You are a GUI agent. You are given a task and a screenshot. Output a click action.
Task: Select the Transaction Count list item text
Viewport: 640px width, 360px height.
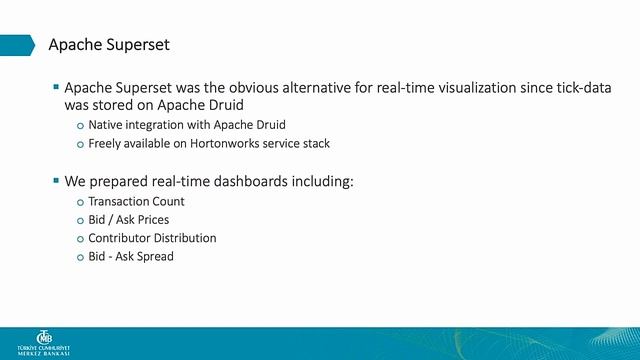136,202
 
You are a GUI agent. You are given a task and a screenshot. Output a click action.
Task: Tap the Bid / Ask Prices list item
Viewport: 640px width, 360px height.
128,220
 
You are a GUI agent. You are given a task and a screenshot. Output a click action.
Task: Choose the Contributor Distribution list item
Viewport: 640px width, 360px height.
152,238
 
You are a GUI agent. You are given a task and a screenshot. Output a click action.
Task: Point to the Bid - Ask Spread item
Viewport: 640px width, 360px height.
131,257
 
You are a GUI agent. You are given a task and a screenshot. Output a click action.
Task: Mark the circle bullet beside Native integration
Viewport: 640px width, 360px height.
80,126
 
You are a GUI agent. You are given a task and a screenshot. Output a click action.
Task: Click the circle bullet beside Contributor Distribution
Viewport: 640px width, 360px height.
80,239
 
